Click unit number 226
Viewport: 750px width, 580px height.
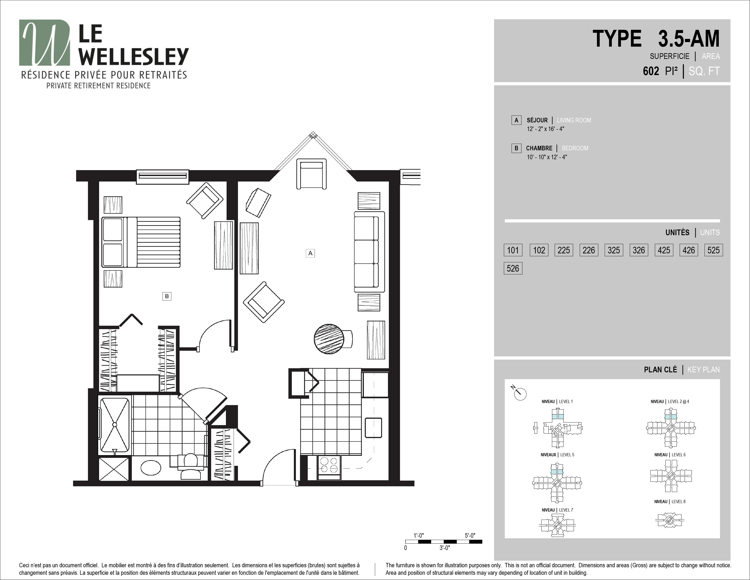[589, 250]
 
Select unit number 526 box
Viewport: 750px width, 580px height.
[513, 268]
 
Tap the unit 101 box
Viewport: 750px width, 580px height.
[513, 250]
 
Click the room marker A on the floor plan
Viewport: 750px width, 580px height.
[310, 253]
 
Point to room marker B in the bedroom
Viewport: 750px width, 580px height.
[167, 296]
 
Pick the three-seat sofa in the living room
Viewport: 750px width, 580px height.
[369, 252]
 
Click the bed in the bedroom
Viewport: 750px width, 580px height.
[141, 242]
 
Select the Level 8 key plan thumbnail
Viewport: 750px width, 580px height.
[670, 520]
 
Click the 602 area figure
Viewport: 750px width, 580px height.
[651, 71]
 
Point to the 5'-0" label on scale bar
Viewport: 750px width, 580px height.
[470, 535]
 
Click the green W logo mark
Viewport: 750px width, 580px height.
[45, 43]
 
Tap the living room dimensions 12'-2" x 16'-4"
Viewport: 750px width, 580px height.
[546, 129]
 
